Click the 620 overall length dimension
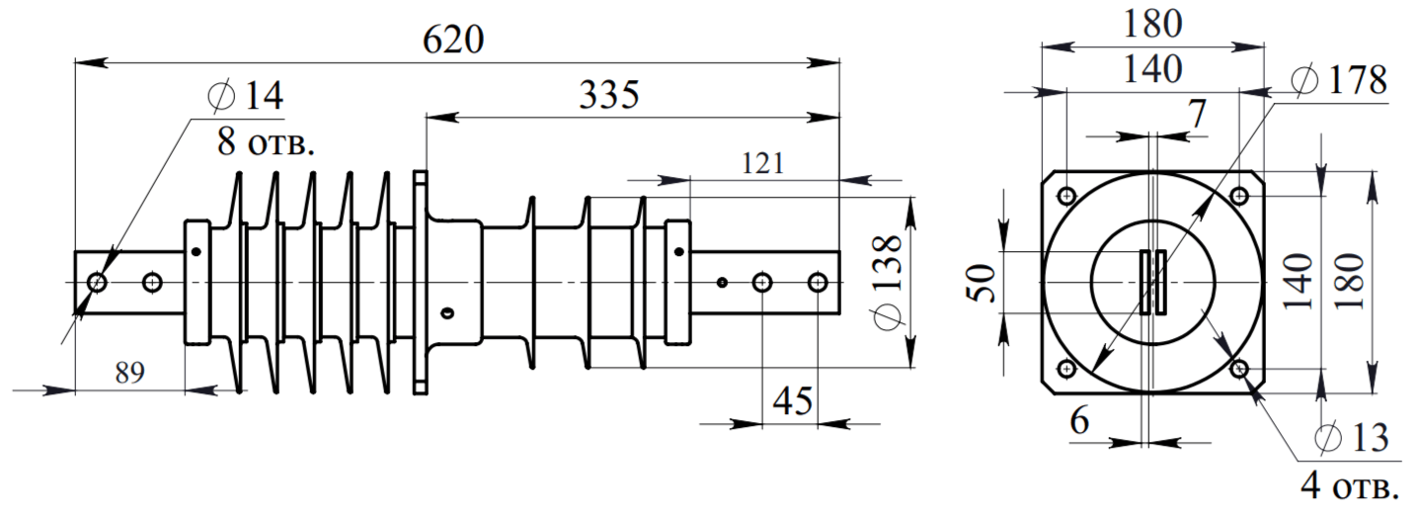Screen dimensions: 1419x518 click(x=453, y=40)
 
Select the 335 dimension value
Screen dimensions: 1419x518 click(x=609, y=95)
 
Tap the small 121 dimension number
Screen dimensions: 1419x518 click(x=762, y=163)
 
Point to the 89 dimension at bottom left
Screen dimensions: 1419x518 click(x=130, y=372)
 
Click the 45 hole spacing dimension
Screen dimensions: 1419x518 click(x=793, y=401)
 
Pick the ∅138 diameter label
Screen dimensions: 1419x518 click(x=888, y=282)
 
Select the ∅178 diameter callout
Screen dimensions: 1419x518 click(x=1339, y=80)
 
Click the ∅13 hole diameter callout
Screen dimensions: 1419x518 click(x=1352, y=437)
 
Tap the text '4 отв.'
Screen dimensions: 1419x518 click(x=1350, y=486)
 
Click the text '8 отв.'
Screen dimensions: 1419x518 click(x=266, y=141)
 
